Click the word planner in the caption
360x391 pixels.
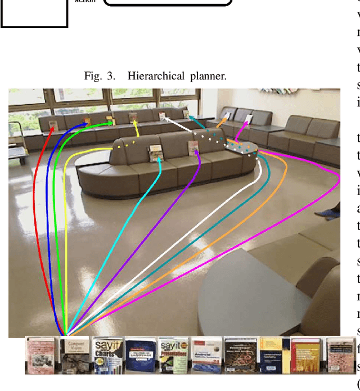point(208,76)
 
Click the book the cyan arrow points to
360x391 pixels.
point(156,151)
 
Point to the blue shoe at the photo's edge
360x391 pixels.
point(327,212)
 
